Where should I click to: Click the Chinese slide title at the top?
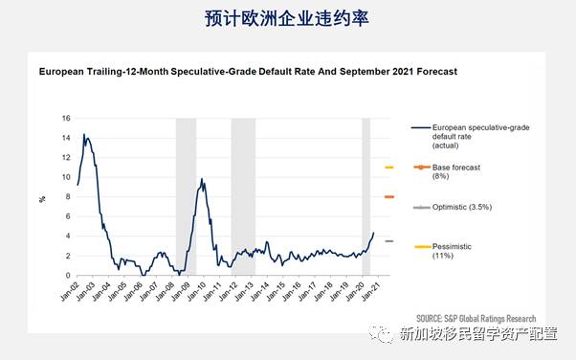pos(287,18)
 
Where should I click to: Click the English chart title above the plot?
pos(248,71)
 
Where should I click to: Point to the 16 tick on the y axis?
pos(66,119)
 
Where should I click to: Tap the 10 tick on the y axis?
pos(66,177)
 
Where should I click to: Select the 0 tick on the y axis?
pos(68,276)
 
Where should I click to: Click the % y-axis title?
pos(43,197)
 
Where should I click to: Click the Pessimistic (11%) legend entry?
pos(454,251)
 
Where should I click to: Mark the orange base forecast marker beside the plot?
pos(389,197)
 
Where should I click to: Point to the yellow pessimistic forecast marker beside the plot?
pos(389,168)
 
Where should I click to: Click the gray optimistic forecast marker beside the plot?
pos(389,241)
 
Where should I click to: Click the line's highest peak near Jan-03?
pos(84,134)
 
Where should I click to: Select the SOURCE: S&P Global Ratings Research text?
pos(476,318)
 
